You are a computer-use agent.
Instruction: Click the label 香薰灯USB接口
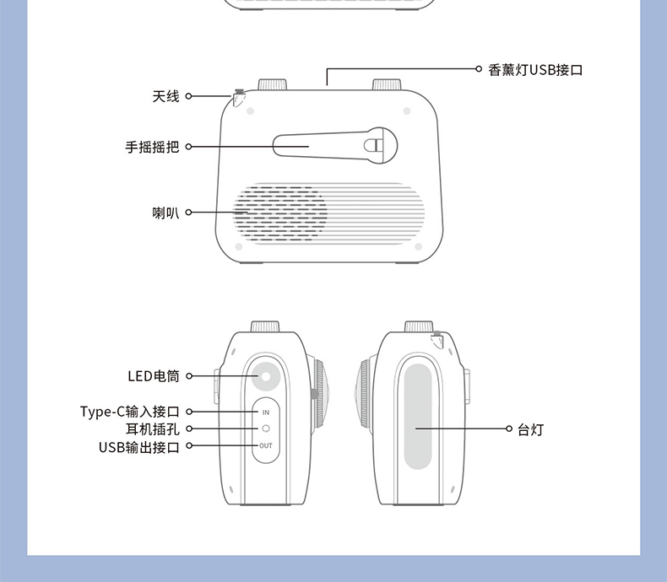tap(535, 70)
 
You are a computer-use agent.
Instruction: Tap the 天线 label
tap(165, 97)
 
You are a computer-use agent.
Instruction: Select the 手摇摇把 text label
tap(152, 147)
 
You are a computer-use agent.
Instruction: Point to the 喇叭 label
tap(165, 213)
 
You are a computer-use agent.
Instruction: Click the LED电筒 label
tap(153, 376)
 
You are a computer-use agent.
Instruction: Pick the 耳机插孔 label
tap(152, 428)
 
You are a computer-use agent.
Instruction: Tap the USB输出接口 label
tap(138, 446)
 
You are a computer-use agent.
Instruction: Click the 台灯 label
tap(530, 430)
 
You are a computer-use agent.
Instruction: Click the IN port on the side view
tap(265, 412)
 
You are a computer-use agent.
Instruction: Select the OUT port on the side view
tap(265, 445)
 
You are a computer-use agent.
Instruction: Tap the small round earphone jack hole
tap(265, 428)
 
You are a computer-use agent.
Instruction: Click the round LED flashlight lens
tap(266, 375)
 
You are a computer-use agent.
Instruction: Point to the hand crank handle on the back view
tap(333, 145)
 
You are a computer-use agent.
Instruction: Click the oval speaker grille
tap(281, 213)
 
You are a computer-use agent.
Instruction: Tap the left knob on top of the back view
tap(272, 84)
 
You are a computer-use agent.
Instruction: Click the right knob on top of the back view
tap(387, 84)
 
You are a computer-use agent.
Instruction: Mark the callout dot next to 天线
tap(189, 97)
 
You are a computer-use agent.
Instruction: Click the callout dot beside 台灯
tap(508, 429)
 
